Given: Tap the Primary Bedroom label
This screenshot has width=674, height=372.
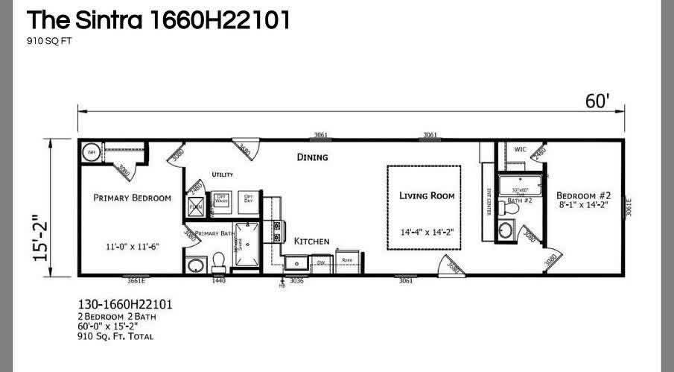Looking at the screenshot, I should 132,198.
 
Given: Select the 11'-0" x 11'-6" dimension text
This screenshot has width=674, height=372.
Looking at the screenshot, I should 132,246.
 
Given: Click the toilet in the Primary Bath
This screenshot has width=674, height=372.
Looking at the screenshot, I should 219,261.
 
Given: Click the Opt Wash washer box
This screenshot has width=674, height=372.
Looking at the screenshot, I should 221,199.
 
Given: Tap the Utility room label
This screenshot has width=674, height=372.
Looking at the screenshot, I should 223,174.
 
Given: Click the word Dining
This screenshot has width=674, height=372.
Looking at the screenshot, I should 312,157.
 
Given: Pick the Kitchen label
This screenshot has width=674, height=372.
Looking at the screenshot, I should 311,242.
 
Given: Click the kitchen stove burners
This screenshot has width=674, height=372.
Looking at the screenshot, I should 277,230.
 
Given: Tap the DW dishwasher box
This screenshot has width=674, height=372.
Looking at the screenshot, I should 321,262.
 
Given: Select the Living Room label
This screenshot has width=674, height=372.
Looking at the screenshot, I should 427,196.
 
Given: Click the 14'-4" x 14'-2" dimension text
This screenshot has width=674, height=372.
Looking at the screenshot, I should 427,232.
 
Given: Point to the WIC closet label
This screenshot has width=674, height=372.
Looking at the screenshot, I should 521,150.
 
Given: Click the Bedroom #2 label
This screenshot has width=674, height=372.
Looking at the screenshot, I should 583,195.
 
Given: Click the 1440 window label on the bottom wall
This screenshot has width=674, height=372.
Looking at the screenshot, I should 218,281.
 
